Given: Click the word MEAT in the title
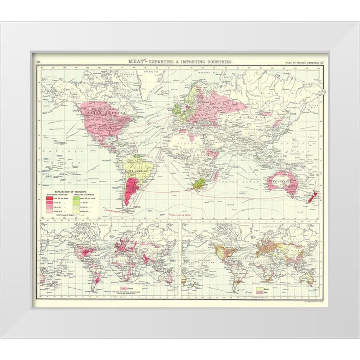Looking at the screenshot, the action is pyautogui.click(x=136, y=61).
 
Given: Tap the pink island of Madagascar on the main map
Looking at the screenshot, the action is pyautogui.click(x=215, y=176).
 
